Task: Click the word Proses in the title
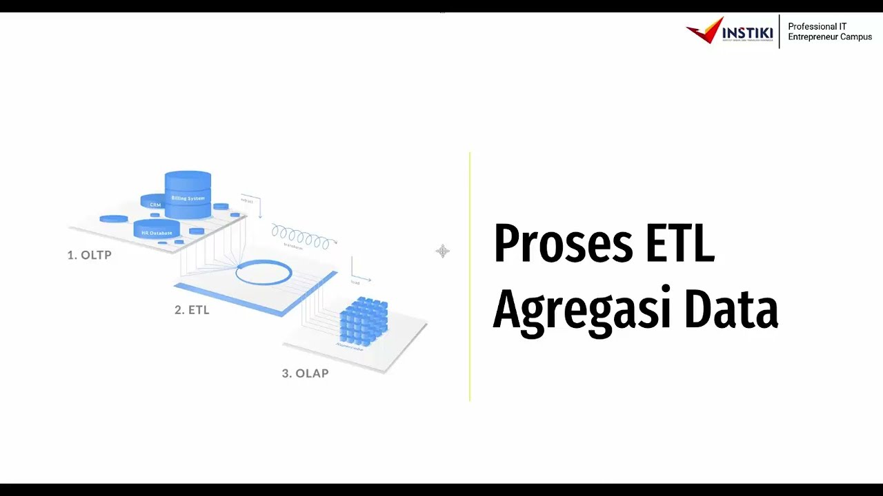[562, 245]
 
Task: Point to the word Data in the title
[731, 309]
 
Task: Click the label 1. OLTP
[89, 255]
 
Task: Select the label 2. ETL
[192, 310]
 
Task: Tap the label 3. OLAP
[305, 373]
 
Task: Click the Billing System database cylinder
[188, 194]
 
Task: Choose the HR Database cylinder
[157, 229]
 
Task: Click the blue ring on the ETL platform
[264, 273]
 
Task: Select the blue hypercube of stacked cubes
[364, 320]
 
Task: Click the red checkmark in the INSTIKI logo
[704, 31]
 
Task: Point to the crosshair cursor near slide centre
[443, 251]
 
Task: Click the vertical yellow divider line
[470, 276]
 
